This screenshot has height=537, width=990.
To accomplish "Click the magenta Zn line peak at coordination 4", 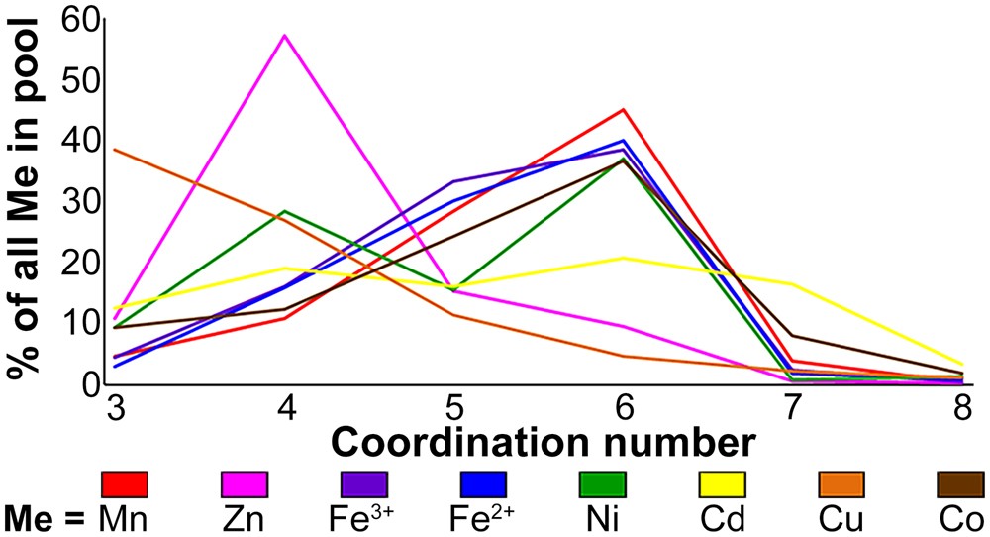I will [285, 36].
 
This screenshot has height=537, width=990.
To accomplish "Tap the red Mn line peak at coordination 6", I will [623, 109].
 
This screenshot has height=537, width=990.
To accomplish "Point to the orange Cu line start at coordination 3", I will [116, 150].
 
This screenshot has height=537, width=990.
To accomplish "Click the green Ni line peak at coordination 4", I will [285, 211].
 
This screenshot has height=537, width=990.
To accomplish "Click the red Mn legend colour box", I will [125, 483].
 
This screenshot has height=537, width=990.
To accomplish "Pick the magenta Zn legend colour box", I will [244, 483].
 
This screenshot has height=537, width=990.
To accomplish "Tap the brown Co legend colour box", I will [959, 483].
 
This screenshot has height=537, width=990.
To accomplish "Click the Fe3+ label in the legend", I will [363, 517].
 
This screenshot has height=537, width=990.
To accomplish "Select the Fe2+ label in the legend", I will [483, 517].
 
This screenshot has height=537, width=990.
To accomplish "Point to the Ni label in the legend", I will [602, 518].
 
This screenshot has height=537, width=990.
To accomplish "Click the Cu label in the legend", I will [841, 518].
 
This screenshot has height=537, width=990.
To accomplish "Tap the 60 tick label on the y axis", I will [78, 18].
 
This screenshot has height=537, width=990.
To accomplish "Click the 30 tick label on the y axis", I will [78, 201].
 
